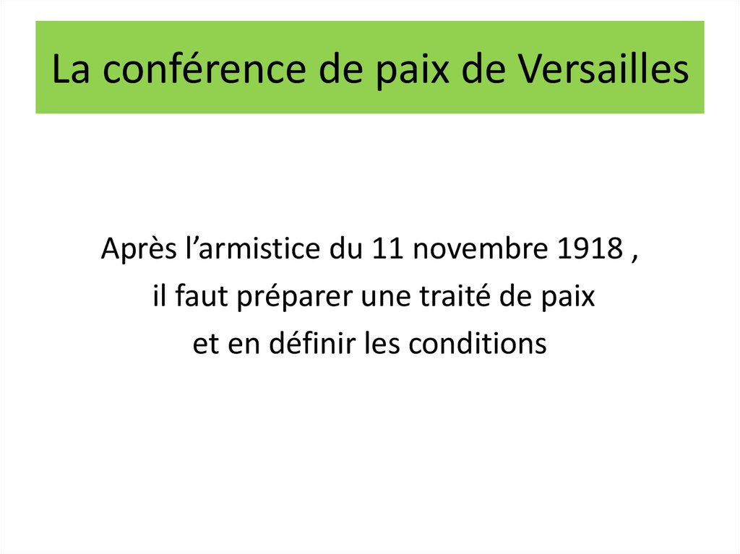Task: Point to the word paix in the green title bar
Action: click(401, 69)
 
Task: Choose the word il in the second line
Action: click(158, 296)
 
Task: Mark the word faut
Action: click(194, 296)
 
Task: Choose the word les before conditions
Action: click(382, 343)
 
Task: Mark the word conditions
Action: click(478, 343)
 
